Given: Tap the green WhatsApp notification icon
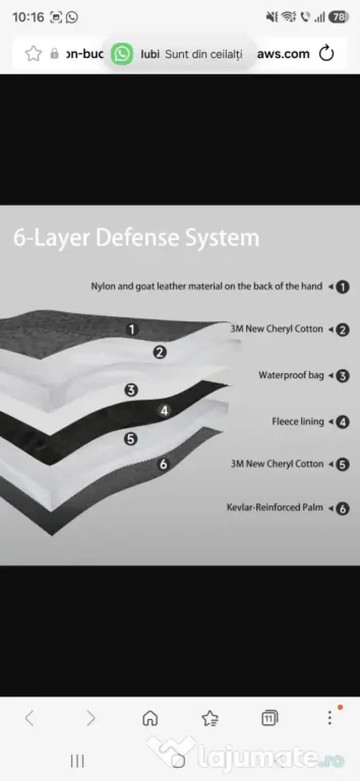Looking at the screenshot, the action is coord(122,54).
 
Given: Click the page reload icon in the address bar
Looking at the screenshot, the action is coord(326,54).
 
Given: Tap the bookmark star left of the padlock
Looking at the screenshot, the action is coord(34,54).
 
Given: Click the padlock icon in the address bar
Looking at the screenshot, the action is coord(54,54).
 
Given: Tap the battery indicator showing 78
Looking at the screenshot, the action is coord(338,17).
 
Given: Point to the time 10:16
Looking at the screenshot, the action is coord(28,17).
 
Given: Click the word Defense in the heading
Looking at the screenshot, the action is coord(137,238).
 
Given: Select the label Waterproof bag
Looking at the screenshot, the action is coord(291,375).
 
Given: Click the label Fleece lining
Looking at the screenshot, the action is coord(297,422).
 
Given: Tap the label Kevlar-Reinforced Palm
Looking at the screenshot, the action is coord(275,508).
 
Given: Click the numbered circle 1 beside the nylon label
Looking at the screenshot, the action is coord(342,287).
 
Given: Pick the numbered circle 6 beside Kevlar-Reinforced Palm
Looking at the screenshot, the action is coord(342,509).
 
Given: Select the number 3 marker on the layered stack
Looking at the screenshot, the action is coord(131,390).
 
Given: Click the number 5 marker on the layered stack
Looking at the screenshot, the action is coord(130,439).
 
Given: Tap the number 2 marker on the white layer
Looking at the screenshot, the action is coord(159,352).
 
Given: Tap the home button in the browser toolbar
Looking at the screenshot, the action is coord(150,718).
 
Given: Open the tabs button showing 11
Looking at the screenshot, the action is coord(269,718).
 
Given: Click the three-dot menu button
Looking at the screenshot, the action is coord(330,718).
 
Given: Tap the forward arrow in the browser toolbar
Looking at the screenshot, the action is coord(91,718).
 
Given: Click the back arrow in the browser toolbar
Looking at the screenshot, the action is coord(30,718).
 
